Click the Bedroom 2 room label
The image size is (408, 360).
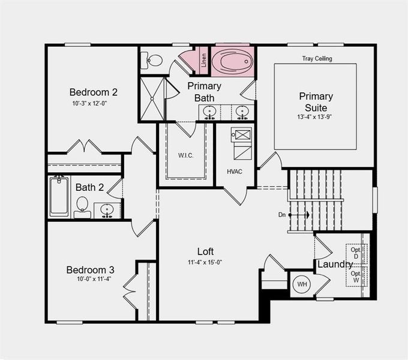[x=93, y=92]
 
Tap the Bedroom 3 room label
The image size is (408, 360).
[x=90, y=269]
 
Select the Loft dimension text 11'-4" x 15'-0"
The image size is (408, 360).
[x=205, y=262]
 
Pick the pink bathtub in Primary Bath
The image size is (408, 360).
[x=233, y=61]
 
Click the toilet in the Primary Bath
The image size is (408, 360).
[x=153, y=60]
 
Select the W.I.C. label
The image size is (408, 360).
[x=185, y=155]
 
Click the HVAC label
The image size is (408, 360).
[x=234, y=171]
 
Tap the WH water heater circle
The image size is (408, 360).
[x=302, y=284]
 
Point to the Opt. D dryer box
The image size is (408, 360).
[x=356, y=253]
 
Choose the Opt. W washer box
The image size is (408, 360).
[x=356, y=277]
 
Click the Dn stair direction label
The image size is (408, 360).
[x=281, y=214]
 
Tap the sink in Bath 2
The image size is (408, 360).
[x=107, y=210]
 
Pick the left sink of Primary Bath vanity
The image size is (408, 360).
[x=209, y=112]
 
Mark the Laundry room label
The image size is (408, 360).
[x=335, y=264]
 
